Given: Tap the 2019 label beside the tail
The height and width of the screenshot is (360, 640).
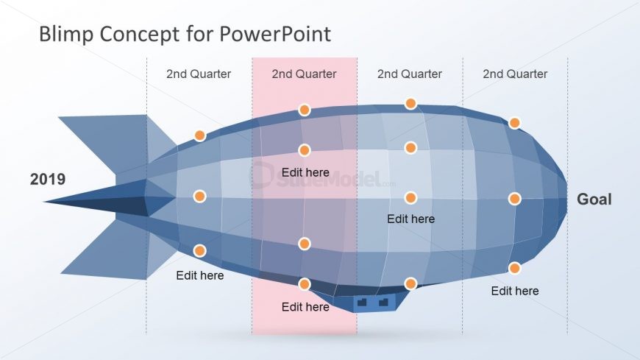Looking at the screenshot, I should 48,180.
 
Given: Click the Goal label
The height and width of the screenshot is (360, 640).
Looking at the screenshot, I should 594,200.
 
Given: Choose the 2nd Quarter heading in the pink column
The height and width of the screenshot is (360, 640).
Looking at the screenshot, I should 304,74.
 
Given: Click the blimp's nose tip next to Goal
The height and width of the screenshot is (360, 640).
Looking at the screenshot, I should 565,197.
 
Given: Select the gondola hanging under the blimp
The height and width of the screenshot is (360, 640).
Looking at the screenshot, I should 371,301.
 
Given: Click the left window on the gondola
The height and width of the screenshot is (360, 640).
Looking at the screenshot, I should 361,301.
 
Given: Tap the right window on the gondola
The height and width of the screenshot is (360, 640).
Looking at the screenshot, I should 383,301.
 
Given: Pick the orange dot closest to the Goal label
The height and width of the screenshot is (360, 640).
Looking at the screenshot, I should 514,199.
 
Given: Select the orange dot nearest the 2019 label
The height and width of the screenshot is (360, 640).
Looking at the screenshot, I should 199,197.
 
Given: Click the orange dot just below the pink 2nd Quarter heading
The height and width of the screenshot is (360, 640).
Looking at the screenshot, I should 305,110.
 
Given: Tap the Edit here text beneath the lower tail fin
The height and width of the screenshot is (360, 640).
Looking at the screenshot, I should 200,276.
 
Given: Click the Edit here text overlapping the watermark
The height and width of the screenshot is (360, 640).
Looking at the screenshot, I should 305,172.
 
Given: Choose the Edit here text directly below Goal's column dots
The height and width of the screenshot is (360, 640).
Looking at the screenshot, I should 515,291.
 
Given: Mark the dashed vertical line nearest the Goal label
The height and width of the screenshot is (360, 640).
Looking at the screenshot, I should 567,147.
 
